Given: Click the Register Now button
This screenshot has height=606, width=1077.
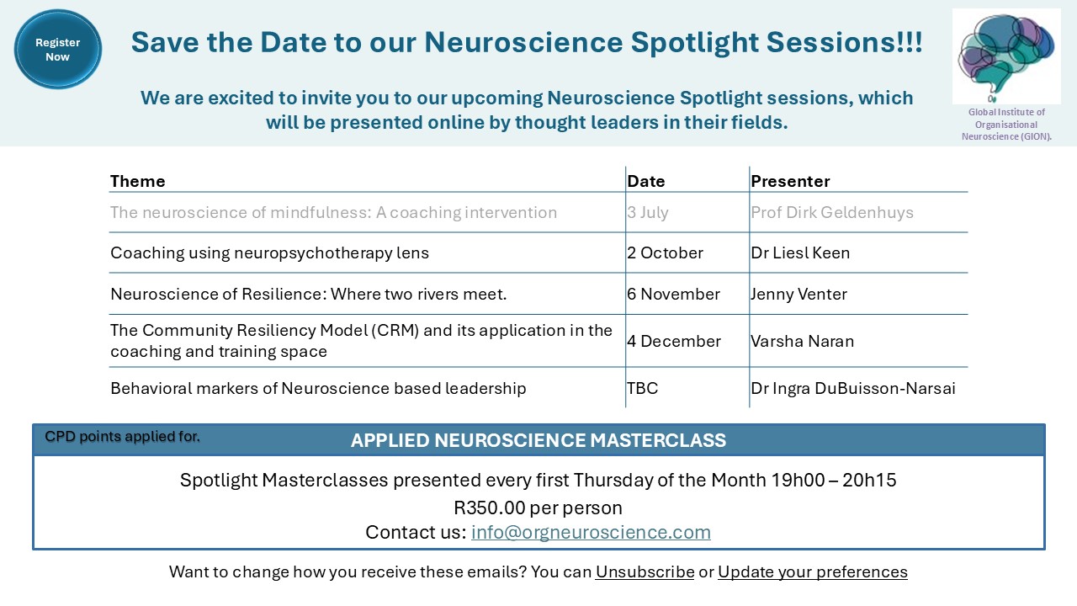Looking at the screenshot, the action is tap(58, 50).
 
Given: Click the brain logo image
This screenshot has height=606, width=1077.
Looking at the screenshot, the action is tap(1006, 56).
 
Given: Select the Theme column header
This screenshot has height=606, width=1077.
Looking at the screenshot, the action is tap(137, 181).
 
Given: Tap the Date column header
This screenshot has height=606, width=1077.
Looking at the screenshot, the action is tap(645, 181).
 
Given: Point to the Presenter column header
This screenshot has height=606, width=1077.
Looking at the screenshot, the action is tap(790, 181).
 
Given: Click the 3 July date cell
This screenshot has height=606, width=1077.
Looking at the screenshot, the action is tap(647, 213).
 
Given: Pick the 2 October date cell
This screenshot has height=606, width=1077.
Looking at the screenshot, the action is tap(665, 253).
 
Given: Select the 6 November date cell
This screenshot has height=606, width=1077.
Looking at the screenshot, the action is tap(673, 294).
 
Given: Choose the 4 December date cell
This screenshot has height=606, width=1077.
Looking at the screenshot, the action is tap(674, 341).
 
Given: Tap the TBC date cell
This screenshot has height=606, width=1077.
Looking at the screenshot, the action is tap(642, 388).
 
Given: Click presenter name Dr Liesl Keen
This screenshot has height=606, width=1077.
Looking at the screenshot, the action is tap(800, 253).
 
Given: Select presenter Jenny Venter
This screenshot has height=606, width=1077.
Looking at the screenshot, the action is tap(798, 295).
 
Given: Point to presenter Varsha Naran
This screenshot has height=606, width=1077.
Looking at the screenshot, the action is tap(802, 341).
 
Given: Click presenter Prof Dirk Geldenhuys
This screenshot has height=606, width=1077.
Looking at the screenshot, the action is tap(832, 213).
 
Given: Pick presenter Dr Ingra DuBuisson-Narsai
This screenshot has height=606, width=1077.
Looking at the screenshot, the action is tap(853, 388).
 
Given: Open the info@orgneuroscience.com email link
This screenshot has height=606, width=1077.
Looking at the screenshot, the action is tap(591, 532).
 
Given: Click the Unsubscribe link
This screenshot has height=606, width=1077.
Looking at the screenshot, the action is tap(645, 571).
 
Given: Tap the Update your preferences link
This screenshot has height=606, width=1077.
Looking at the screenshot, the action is tap(813, 571).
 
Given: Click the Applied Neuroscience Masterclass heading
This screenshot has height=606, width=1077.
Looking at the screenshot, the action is tap(538, 440).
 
